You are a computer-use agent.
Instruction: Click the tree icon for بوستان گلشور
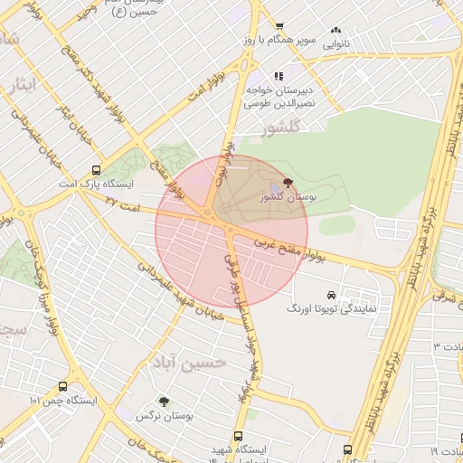(x=288, y=183)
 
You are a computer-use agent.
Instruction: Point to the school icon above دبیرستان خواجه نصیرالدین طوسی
(x=279, y=76)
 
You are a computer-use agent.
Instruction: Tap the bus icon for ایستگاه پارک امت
(x=97, y=169)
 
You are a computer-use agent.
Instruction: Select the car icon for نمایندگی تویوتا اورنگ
(x=331, y=295)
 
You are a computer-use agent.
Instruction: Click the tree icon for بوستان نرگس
(x=164, y=402)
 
